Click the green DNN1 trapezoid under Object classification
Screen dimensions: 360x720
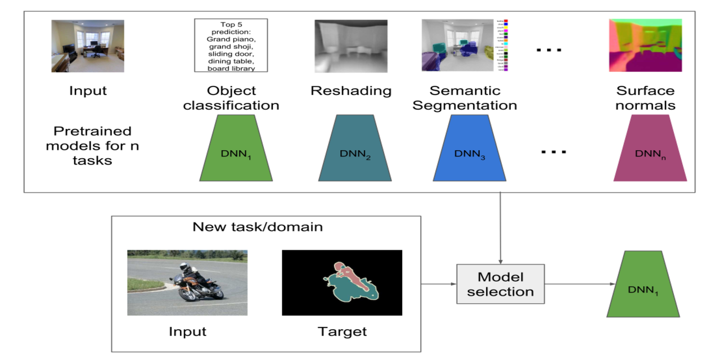point(236,148)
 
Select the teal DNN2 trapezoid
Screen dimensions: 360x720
point(355,148)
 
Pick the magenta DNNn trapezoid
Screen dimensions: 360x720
point(650,148)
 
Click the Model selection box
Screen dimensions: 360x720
point(500,285)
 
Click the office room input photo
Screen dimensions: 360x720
point(88,46)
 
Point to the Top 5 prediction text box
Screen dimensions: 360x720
point(231,46)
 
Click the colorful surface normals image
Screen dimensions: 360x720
point(645,46)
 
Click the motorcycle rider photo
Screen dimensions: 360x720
point(179,282)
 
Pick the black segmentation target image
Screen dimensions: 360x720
point(341,282)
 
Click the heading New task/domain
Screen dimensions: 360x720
point(258,227)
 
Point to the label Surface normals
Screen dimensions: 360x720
point(645,98)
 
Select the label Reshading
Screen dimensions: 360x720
point(351,91)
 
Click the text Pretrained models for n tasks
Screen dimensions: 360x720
point(92,146)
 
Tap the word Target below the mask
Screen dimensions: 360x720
point(342,331)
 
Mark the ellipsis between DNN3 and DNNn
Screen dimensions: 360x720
point(553,151)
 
